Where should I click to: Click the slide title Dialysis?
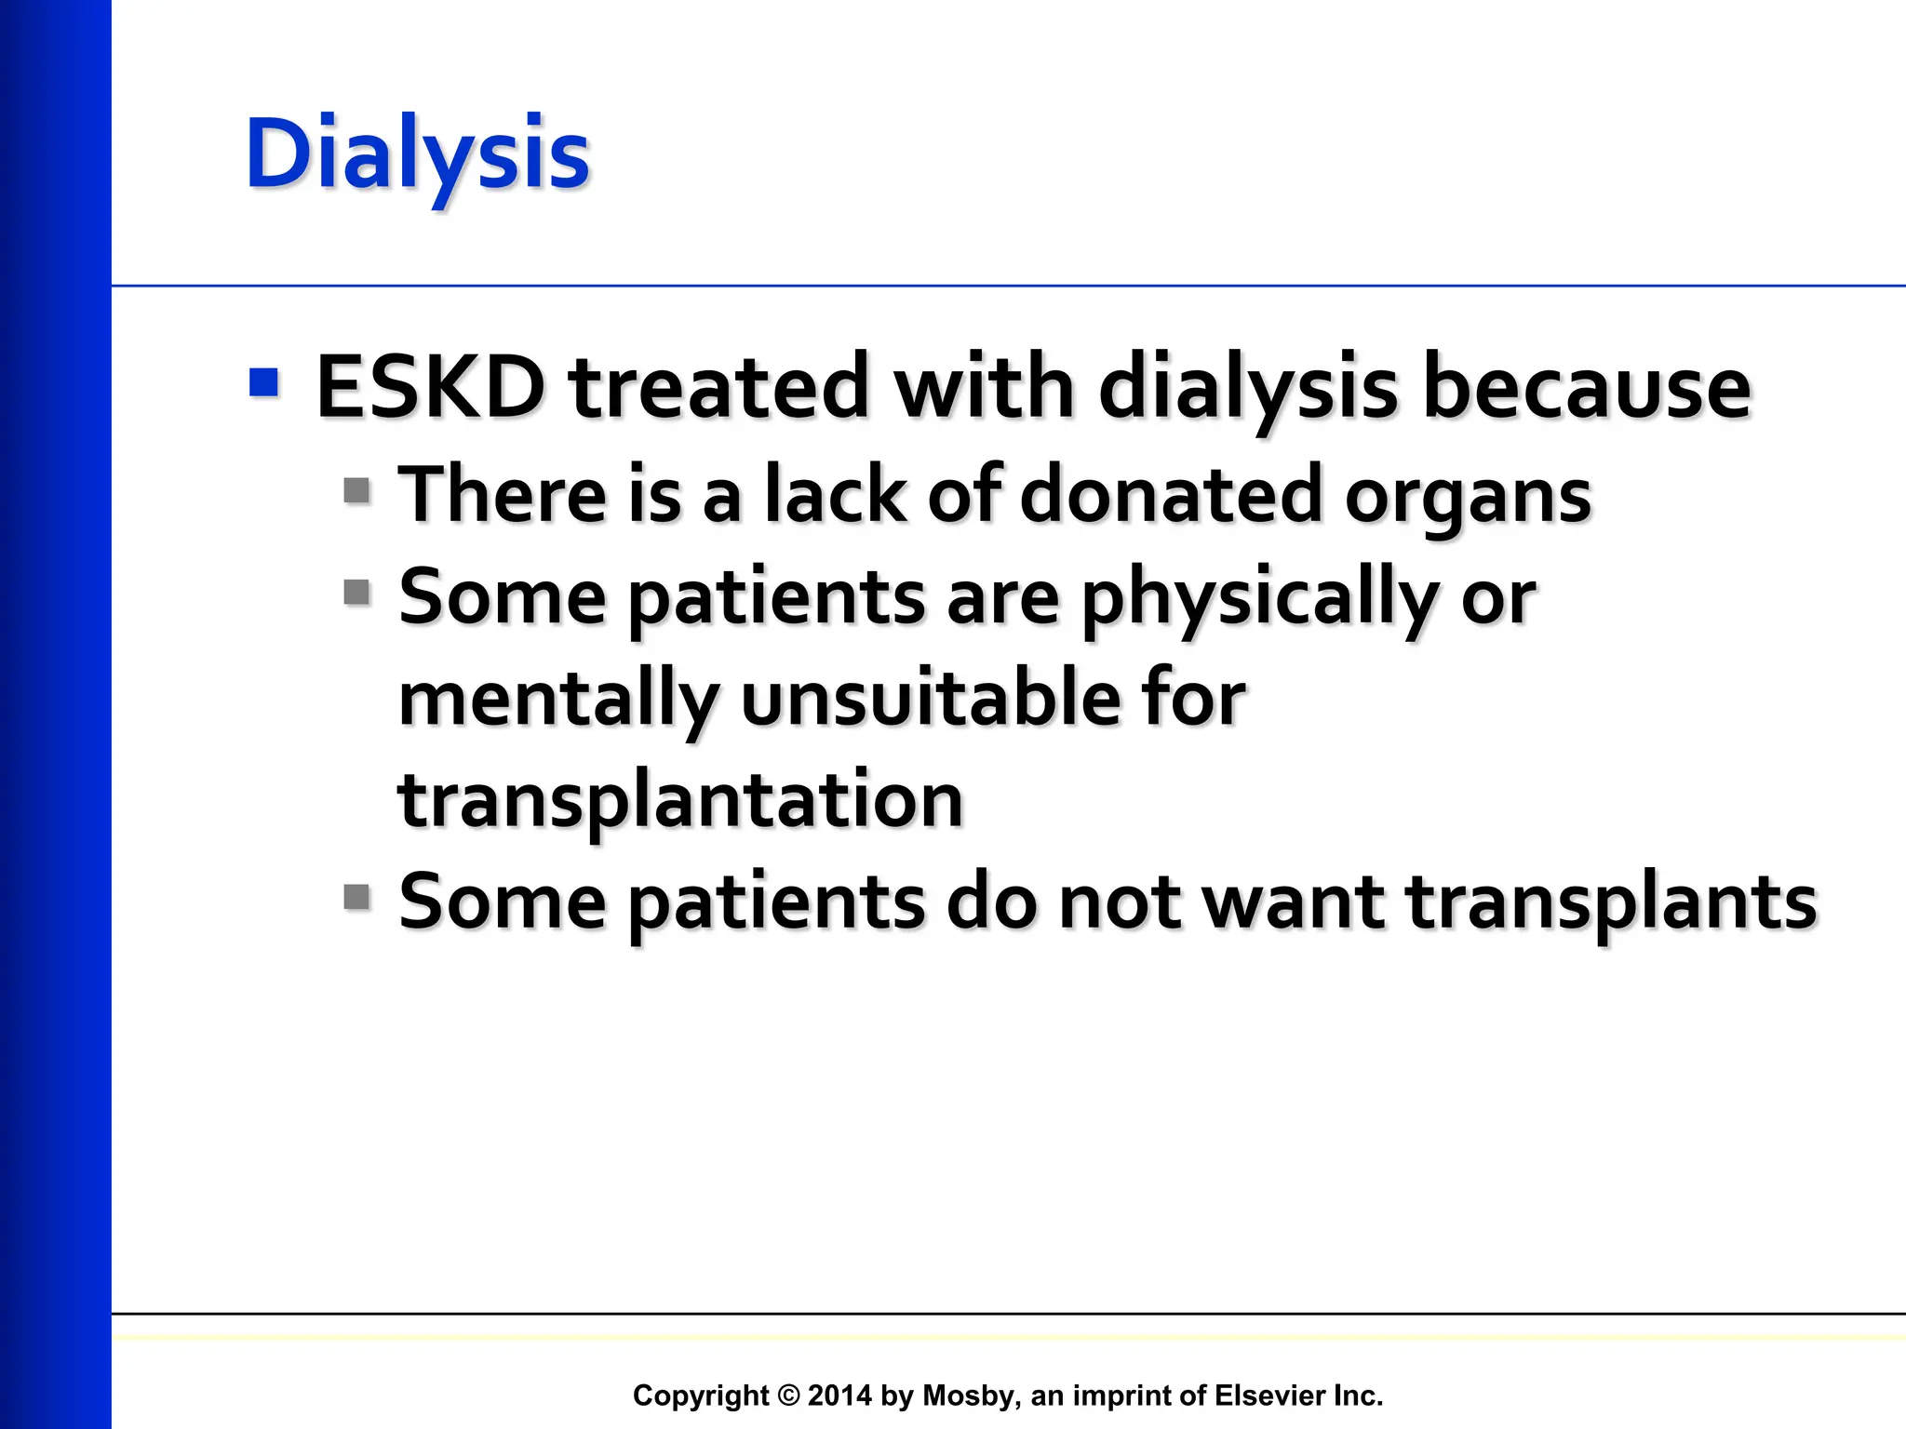[x=417, y=154]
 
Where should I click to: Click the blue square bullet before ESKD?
[x=264, y=382]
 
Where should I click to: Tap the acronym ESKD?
[x=431, y=387]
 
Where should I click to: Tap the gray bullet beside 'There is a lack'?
[x=356, y=490]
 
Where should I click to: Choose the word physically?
[x=1260, y=599]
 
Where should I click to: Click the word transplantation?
[x=680, y=801]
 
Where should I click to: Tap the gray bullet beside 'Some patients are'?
[x=356, y=592]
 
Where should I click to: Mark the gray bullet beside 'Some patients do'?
[x=356, y=897]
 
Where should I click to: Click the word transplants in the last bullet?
[x=1611, y=902]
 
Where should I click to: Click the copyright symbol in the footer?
[x=788, y=1396]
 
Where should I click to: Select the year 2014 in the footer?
[x=839, y=1396]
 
